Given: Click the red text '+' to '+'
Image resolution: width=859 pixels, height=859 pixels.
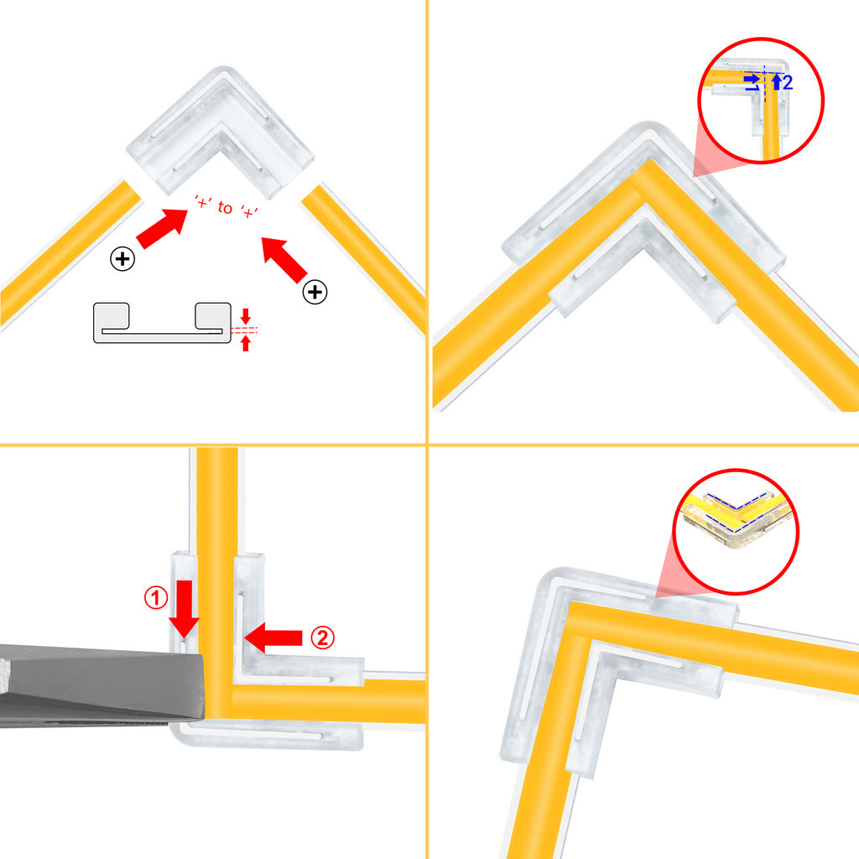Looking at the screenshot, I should click(x=224, y=206).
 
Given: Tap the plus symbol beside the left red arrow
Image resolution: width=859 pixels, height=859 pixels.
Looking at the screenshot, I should click(x=122, y=258).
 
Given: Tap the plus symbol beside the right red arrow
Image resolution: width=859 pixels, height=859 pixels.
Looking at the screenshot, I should click(x=315, y=292).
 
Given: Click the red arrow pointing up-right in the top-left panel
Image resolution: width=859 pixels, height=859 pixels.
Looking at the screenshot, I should click(x=162, y=228).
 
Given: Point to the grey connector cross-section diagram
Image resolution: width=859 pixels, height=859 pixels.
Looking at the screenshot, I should click(x=160, y=322).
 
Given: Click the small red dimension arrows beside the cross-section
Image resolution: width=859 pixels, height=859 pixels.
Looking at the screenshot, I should click(x=245, y=330).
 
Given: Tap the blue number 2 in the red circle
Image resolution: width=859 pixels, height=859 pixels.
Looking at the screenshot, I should click(x=787, y=82).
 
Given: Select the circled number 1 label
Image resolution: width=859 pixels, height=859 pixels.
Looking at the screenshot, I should click(x=156, y=598).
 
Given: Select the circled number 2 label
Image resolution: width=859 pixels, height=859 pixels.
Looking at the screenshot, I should click(x=322, y=638).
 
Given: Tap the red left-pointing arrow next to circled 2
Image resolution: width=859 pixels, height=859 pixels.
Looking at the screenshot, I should click(x=275, y=638).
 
